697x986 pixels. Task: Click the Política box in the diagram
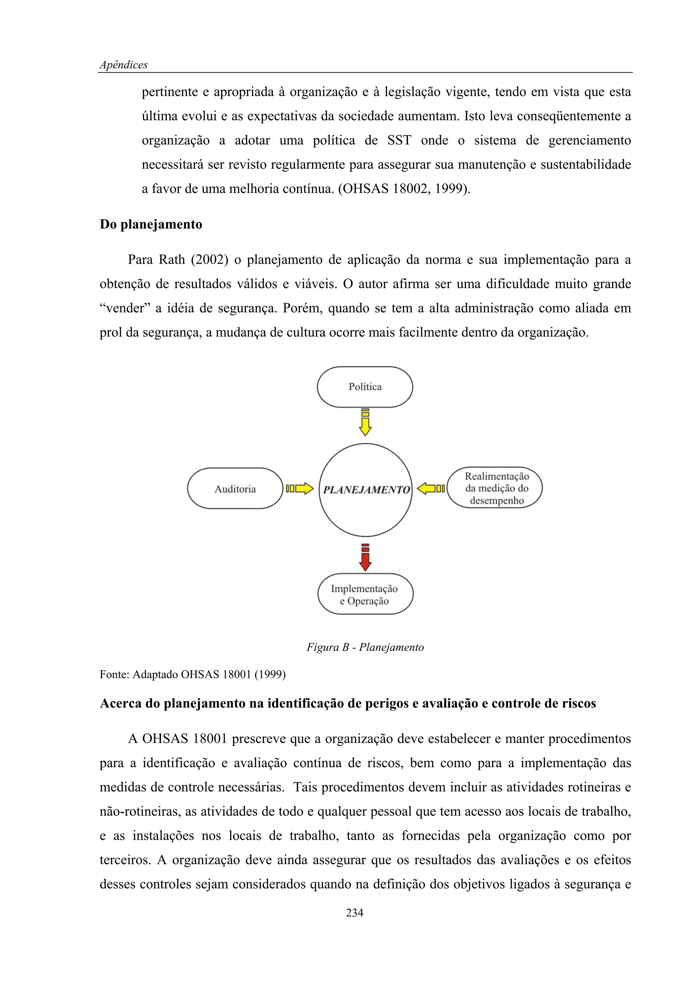point(364,387)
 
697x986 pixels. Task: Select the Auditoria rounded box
point(235,489)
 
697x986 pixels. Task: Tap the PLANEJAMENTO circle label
point(366,490)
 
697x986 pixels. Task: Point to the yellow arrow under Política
point(365,423)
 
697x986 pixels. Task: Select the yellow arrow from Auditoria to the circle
point(300,488)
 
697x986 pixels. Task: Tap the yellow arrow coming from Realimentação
point(431,488)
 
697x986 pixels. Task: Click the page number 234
point(354,913)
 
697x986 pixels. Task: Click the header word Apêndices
point(124,65)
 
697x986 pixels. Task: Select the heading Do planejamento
point(151,225)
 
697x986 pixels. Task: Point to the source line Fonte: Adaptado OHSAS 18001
point(192,674)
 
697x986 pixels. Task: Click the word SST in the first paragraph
point(399,141)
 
